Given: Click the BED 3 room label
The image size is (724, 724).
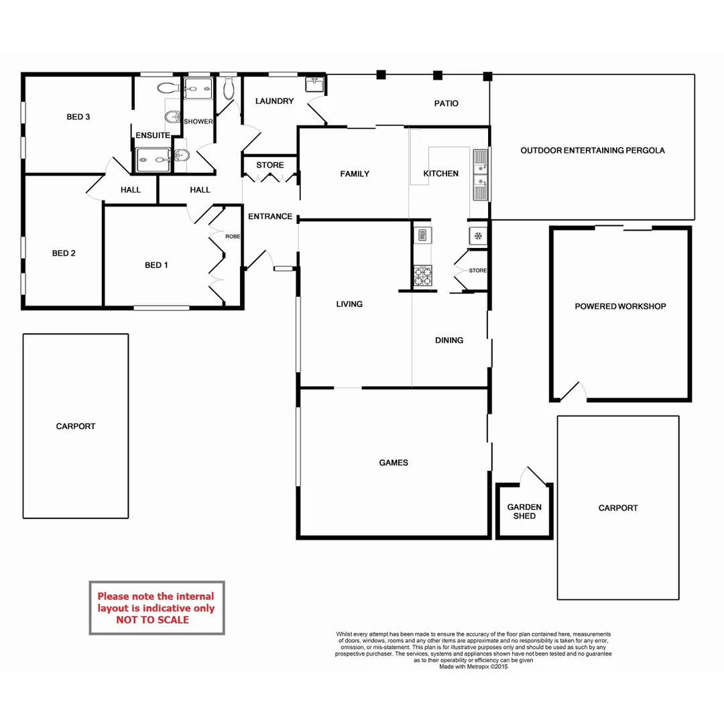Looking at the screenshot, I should (x=78, y=117).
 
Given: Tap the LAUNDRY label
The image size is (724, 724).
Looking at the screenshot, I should (x=274, y=101).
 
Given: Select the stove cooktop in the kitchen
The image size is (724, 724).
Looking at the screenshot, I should (x=423, y=275).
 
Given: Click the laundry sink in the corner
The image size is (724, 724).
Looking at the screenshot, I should (x=314, y=84).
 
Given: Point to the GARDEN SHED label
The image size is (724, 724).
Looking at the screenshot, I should (x=524, y=511).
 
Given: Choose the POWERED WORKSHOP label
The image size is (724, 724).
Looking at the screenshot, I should (x=620, y=306).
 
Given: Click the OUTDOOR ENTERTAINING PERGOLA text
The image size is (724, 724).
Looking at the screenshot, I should (x=593, y=151).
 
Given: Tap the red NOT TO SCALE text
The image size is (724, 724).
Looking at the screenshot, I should (x=152, y=620).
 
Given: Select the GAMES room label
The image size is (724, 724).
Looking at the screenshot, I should (x=394, y=463).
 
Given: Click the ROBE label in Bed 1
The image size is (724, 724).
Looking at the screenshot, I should (x=233, y=237).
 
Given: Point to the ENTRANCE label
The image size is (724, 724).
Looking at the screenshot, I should (x=270, y=217).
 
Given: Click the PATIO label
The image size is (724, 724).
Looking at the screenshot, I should (x=446, y=103).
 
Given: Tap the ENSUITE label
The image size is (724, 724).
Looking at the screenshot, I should (x=153, y=135).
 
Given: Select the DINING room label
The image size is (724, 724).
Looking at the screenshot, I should (x=449, y=341).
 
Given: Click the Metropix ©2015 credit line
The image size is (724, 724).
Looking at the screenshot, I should (x=473, y=667).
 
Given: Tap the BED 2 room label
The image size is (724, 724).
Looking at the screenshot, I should (x=64, y=253).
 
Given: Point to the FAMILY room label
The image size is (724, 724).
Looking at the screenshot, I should (x=355, y=174).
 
